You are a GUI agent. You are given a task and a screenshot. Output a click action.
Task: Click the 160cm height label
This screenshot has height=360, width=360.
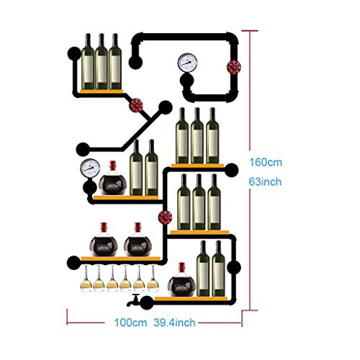click(x=266, y=162)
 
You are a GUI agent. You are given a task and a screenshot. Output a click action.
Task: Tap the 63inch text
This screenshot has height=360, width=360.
click(x=265, y=181)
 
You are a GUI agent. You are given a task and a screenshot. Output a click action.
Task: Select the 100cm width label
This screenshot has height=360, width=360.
click(x=130, y=323)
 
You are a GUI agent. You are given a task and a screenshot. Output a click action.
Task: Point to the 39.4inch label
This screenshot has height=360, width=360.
click(x=174, y=323)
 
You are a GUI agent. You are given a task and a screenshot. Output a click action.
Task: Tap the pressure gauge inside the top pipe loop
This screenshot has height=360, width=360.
click(x=187, y=63)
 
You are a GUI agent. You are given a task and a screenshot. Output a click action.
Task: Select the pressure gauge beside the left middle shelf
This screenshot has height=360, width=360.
click(x=90, y=168)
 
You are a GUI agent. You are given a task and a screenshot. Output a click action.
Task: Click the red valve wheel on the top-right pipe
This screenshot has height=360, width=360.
click(x=234, y=67)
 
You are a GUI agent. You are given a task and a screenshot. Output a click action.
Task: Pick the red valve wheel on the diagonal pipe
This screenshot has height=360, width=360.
click(x=136, y=105)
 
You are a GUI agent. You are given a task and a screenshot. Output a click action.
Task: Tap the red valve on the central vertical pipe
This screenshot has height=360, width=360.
click(x=165, y=217)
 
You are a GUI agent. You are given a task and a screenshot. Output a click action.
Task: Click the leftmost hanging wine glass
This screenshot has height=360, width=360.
click(x=86, y=279)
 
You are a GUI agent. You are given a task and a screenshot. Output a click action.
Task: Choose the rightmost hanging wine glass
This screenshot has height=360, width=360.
click(x=153, y=279)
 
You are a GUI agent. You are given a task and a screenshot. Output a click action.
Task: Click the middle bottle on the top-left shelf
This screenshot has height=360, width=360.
click(x=102, y=61)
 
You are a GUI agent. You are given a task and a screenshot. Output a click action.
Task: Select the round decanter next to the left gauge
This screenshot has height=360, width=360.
click(x=113, y=179)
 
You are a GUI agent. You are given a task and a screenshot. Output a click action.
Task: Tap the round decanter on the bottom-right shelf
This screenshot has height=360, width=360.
click(x=181, y=280)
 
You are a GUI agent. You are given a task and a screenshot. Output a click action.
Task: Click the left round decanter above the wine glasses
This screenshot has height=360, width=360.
click(x=104, y=240)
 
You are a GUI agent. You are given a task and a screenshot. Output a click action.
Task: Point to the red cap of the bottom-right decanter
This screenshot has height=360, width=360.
click(x=181, y=266)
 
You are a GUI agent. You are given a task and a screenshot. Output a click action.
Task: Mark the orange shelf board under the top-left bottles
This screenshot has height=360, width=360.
click(x=102, y=91)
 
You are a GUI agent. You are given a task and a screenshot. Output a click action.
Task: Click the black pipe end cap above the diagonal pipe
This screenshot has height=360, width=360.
click(x=165, y=107)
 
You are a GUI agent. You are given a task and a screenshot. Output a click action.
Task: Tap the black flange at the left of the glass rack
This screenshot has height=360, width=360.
click(x=73, y=262)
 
